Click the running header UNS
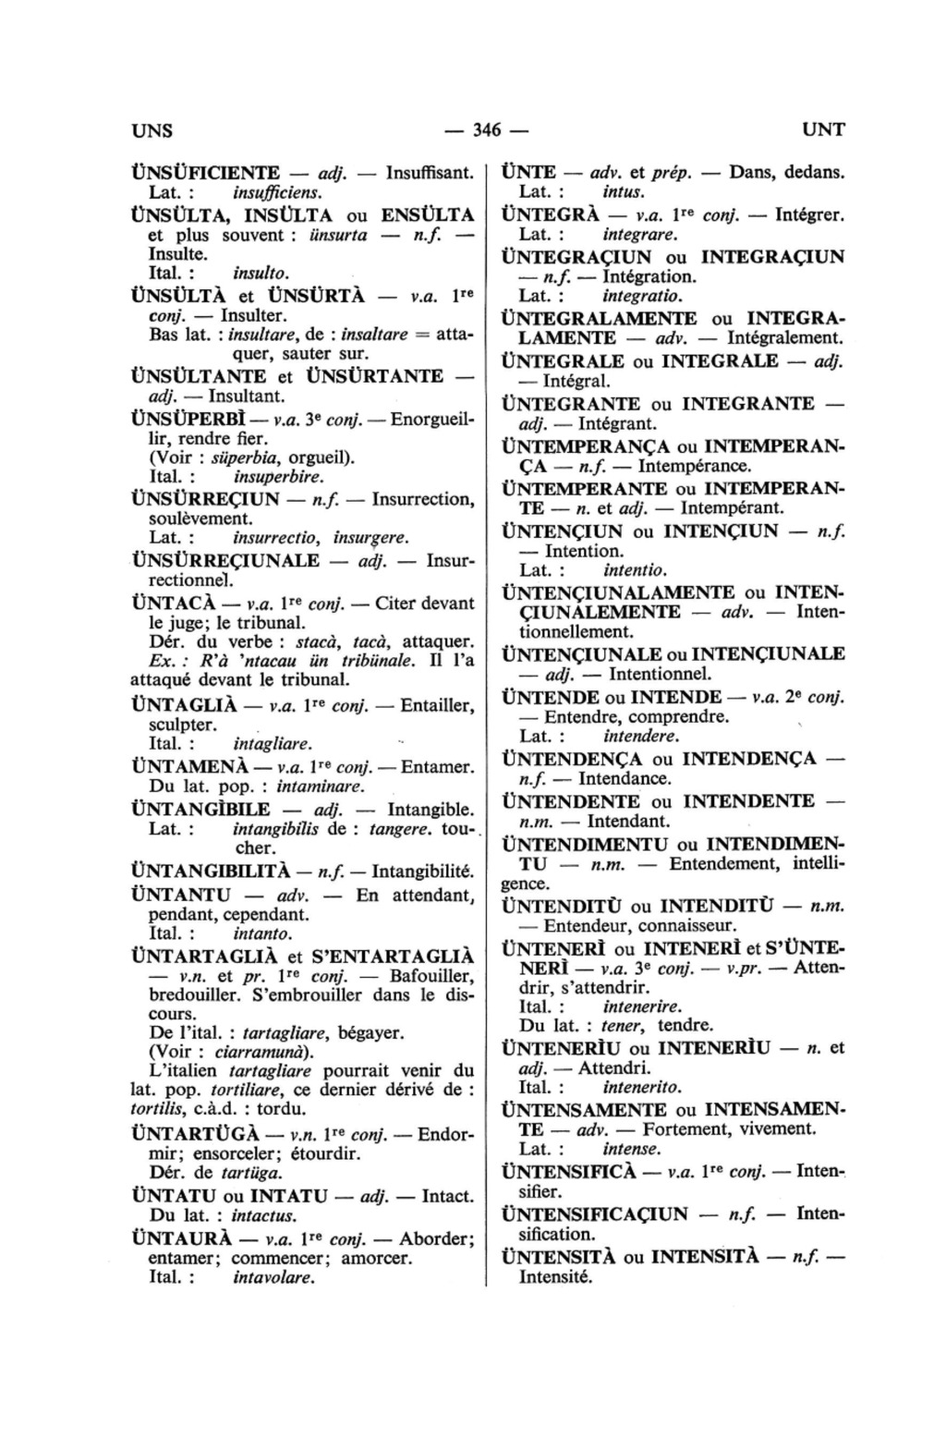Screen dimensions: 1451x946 (x=153, y=129)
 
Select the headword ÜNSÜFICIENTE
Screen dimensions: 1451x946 (x=206, y=173)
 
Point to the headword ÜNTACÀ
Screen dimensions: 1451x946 (x=176, y=603)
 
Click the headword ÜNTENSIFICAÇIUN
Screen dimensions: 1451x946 (x=594, y=1213)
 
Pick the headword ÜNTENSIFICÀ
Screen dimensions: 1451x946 (x=568, y=1172)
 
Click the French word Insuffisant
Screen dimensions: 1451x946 (x=430, y=173)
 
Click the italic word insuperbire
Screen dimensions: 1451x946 (x=278, y=478)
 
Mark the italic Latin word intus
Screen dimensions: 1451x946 (x=623, y=192)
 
